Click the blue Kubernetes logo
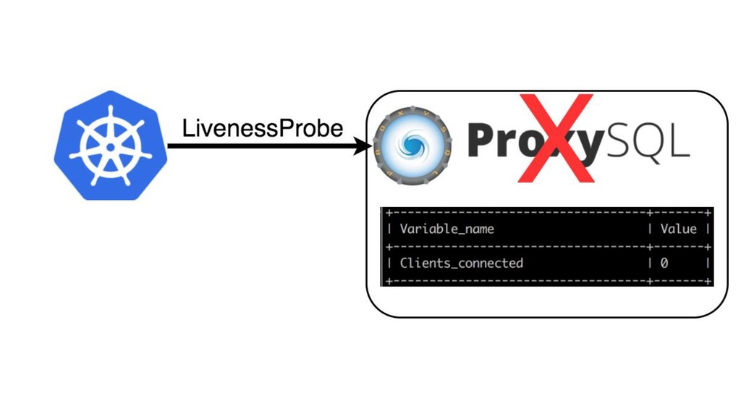tap(110, 146)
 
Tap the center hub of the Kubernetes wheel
tap(110, 146)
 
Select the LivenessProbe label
tap(263, 129)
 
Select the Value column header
tap(678, 229)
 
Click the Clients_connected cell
tap(461, 263)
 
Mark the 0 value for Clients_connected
tap(664, 264)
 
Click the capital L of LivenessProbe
tap(187, 129)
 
